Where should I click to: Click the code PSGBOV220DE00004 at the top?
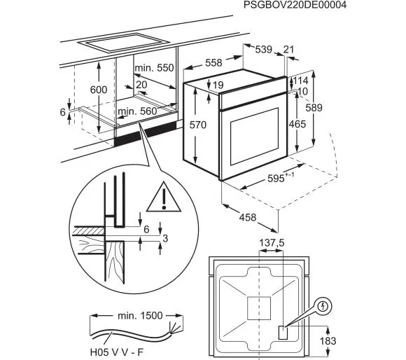(295, 5)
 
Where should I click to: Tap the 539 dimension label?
(264, 49)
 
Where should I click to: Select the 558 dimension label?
(213, 62)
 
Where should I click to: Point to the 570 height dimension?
(198, 125)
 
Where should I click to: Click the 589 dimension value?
(314, 107)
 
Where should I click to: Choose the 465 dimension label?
(297, 124)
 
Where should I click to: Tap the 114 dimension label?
(301, 81)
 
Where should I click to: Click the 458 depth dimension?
(248, 218)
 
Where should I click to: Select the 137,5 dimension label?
(272, 243)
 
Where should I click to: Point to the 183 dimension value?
(328, 341)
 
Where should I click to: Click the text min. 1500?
(140, 316)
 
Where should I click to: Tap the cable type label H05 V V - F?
(116, 352)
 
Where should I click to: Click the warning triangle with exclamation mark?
(164, 198)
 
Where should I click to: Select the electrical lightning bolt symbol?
(323, 307)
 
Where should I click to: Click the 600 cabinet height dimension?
(99, 90)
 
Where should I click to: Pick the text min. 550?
(154, 68)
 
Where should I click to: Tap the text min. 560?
(137, 111)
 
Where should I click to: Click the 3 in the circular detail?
(165, 238)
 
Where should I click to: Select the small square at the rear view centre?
(259, 308)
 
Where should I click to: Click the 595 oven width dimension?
(281, 178)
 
